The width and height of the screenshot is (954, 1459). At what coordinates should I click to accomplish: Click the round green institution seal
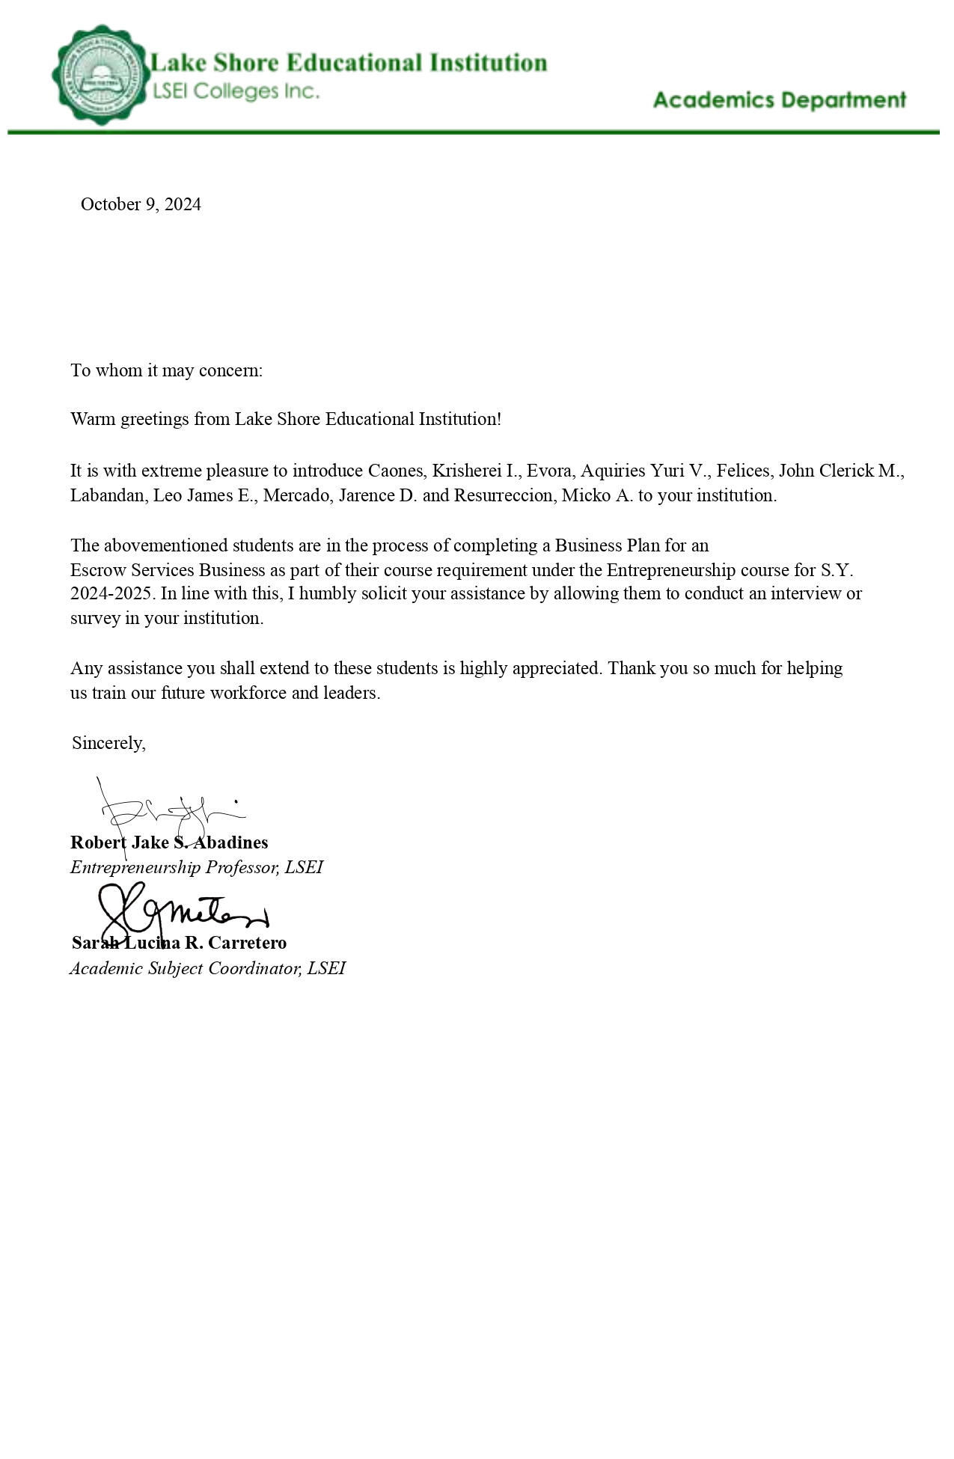(100, 75)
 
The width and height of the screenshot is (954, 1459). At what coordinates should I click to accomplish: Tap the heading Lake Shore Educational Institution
(349, 62)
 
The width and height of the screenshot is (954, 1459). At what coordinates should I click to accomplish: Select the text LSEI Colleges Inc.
(236, 91)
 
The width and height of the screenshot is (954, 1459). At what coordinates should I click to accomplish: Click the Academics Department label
(779, 100)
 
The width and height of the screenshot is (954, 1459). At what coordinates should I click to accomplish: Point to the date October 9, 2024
(141, 204)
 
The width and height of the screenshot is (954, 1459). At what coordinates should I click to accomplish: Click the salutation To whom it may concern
(166, 370)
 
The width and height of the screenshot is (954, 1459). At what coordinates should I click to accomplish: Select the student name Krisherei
(467, 471)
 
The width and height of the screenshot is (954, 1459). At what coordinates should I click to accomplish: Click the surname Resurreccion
(505, 495)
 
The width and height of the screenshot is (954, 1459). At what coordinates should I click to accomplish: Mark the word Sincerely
(108, 743)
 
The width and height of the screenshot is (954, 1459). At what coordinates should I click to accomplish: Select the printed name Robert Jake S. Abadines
(169, 842)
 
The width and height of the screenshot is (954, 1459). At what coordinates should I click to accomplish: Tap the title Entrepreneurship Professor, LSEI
(197, 867)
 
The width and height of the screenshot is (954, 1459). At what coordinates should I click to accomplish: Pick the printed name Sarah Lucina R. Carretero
(179, 943)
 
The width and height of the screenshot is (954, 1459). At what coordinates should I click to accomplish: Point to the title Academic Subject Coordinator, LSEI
(207, 968)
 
